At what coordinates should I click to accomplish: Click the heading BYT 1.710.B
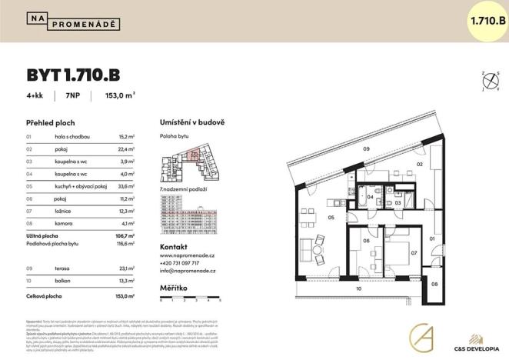point(73,75)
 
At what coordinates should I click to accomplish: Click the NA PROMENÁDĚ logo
point(73,21)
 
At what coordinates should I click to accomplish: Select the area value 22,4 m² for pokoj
point(126,149)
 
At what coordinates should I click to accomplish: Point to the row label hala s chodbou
point(74,136)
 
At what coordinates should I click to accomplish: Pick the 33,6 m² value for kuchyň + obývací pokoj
point(126,185)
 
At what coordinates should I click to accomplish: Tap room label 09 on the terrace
point(367,148)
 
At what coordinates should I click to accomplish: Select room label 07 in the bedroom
point(413,252)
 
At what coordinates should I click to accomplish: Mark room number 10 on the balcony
point(358,289)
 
